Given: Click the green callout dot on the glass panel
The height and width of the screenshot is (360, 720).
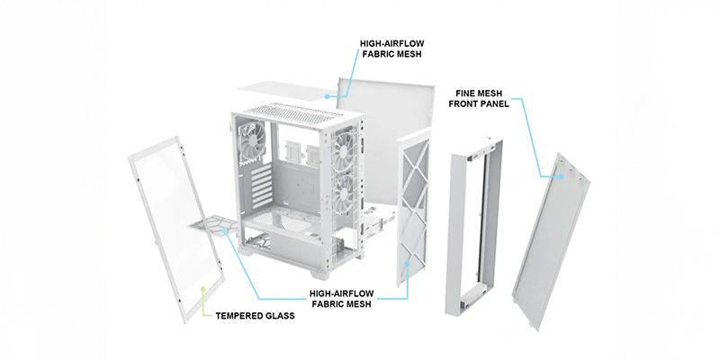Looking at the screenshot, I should coord(204,289).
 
